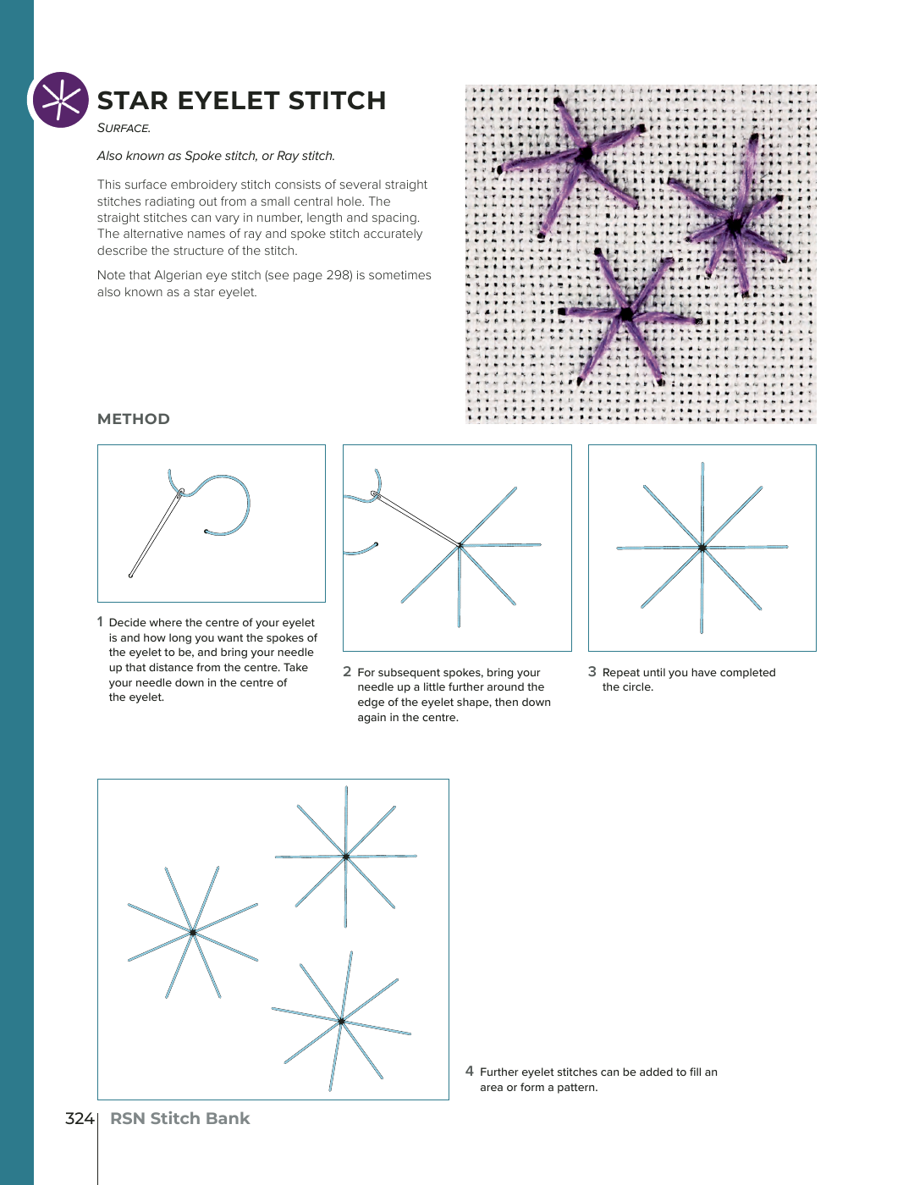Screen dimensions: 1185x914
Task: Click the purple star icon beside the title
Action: pos(60,100)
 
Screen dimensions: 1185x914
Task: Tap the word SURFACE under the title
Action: pos(124,128)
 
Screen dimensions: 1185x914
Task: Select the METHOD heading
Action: pos(134,419)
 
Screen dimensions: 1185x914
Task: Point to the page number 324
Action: pos(79,1118)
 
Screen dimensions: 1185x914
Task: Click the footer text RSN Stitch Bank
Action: pos(179,1118)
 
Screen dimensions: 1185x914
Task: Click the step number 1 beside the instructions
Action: pos(100,622)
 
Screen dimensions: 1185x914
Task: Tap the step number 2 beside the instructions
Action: pos(347,672)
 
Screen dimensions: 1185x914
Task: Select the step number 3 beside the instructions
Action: pos(592,672)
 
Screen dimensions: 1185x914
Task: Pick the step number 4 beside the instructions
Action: pos(470,1072)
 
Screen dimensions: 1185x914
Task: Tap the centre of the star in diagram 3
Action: pos(702,548)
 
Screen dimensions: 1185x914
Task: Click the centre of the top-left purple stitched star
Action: pos(583,155)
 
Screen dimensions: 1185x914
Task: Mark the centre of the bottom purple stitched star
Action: pos(626,314)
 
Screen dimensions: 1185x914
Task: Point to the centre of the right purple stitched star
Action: pos(733,225)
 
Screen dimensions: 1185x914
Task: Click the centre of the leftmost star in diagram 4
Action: pos(193,933)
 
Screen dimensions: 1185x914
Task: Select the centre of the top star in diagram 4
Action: pos(345,857)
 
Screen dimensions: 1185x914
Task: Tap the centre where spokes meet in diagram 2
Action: pos(460,545)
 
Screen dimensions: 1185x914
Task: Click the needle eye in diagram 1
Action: pos(180,492)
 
